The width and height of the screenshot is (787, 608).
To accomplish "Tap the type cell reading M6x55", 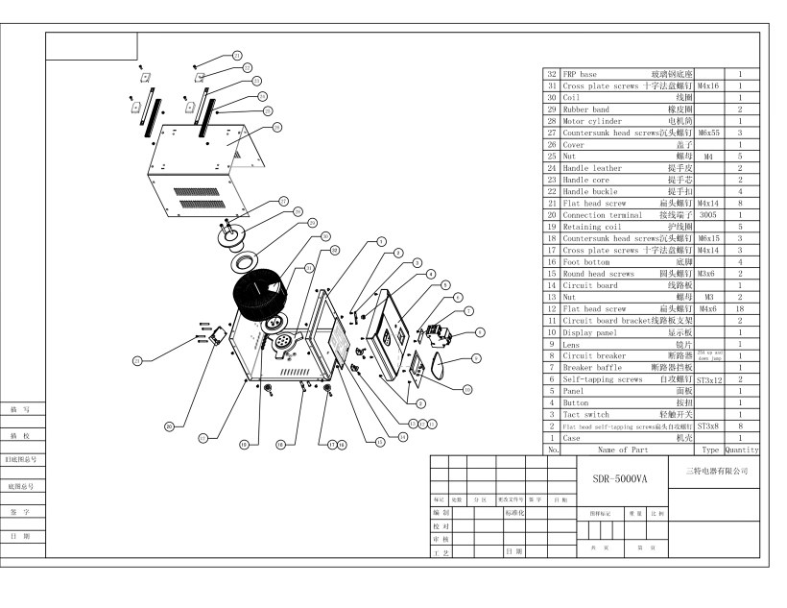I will point(708,133).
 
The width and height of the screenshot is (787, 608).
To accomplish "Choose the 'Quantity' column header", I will point(741,449).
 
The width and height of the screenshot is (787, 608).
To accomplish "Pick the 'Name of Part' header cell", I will point(624,449).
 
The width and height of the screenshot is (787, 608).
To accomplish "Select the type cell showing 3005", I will point(708,215).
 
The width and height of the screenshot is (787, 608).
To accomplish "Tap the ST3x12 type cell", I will point(708,378).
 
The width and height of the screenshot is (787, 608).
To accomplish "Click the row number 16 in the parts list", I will point(552,261).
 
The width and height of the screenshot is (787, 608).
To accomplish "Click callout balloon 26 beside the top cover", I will point(276,127).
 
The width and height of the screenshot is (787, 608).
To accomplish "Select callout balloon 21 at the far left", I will point(138,360).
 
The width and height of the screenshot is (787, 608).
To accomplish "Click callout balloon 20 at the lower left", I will point(170,426).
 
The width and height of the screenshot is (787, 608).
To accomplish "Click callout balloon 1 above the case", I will point(381,242).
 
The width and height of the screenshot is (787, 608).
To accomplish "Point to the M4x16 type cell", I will point(708,85).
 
